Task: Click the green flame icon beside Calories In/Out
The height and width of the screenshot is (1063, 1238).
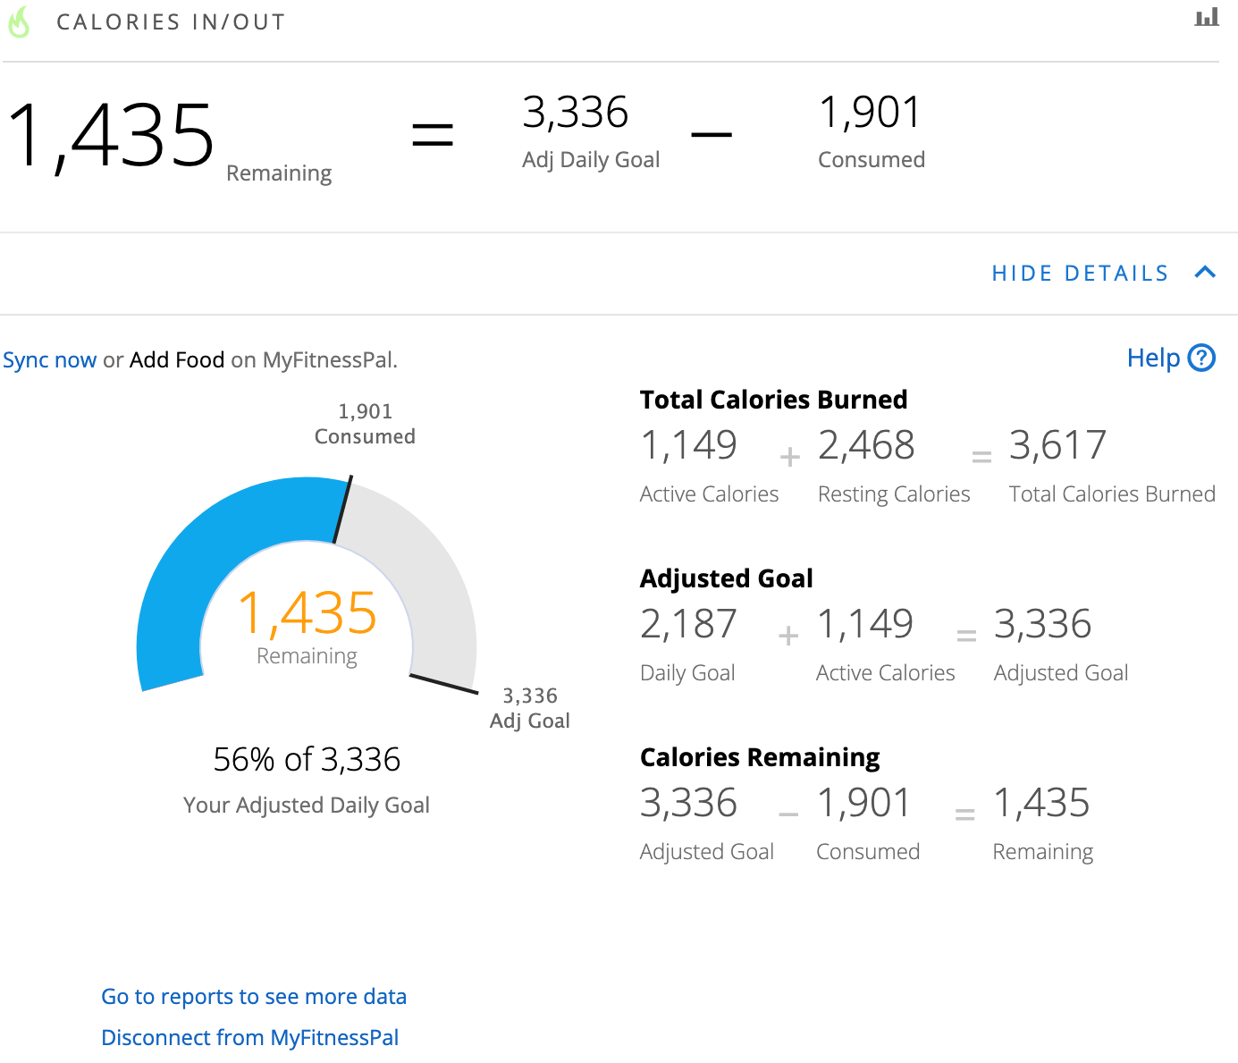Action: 19,22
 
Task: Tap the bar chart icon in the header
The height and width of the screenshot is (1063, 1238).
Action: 1206,17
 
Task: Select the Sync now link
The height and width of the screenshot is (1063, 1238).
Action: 49,359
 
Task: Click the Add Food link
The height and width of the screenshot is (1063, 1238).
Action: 177,359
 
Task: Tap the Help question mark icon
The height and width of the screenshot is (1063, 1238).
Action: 1201,358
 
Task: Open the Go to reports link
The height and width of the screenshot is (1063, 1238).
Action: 254,996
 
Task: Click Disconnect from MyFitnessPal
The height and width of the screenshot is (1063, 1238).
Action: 249,1037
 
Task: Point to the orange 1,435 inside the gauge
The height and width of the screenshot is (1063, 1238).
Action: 307,612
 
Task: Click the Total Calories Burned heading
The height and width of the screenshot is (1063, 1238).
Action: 773,400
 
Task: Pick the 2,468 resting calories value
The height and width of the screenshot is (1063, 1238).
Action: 866,445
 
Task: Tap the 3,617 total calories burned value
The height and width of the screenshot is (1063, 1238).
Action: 1057,445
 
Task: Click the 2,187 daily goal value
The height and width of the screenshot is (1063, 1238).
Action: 688,624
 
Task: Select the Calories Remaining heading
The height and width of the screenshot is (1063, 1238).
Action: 760,757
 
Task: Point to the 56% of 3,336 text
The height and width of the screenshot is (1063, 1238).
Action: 307,759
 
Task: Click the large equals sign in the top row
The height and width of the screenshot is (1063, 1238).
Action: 433,134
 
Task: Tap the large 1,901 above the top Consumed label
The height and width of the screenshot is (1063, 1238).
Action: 869,113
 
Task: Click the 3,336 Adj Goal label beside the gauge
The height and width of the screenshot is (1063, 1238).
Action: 530,708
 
